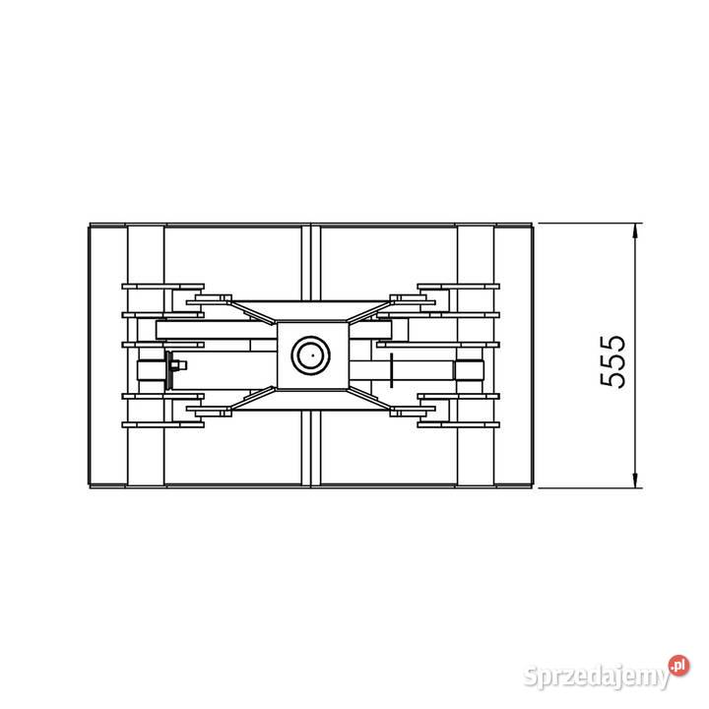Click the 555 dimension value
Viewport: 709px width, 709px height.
coord(613,361)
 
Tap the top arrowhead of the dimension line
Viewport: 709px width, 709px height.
coord(635,230)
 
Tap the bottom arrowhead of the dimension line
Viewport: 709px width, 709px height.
coord(635,481)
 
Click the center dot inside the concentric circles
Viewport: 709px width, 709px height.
coord(312,355)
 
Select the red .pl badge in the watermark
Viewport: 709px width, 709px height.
coord(679,666)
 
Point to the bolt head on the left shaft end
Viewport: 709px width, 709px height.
coord(181,365)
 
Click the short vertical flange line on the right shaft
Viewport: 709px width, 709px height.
coord(391,370)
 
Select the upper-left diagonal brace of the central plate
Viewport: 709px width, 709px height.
coord(253,312)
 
